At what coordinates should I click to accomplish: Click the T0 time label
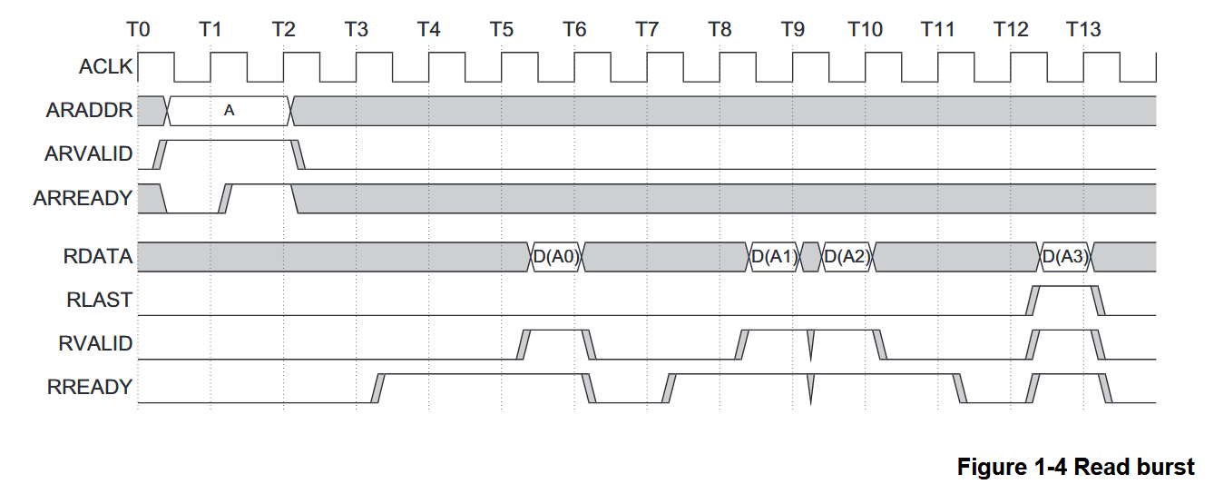point(138,29)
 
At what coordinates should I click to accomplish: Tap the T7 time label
point(646,29)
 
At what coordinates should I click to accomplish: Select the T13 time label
point(1082,29)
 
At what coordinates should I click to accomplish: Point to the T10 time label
point(865,29)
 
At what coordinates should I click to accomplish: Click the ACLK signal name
point(105,66)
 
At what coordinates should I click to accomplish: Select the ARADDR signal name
point(89,111)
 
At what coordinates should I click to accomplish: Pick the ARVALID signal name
point(88,154)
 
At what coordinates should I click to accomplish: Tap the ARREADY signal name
point(83,198)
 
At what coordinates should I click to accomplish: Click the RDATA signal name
point(98,257)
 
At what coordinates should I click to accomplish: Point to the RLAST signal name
point(99,300)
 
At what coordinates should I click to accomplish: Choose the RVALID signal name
point(95,343)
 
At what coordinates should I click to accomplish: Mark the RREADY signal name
point(89,388)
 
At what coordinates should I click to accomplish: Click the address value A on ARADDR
point(229,111)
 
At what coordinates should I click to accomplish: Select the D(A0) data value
point(555,257)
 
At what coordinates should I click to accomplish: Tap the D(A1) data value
point(774,257)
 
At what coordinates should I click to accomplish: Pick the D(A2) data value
point(847,257)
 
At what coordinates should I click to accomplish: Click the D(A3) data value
point(1065,257)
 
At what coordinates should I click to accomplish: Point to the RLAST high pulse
point(1065,288)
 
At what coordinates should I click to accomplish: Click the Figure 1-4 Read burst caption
point(1075,467)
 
